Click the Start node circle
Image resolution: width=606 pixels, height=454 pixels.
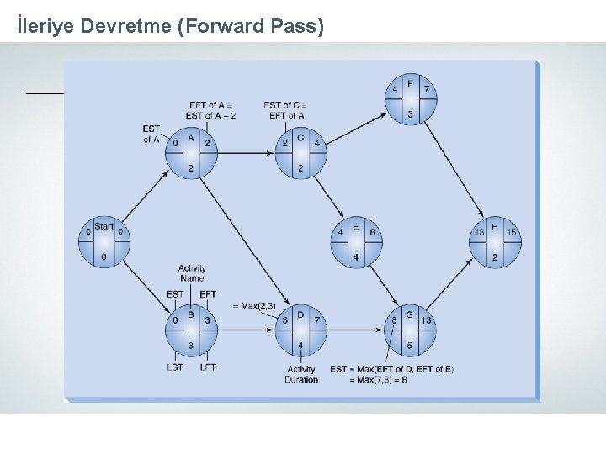104,242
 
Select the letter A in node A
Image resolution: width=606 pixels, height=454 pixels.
191,137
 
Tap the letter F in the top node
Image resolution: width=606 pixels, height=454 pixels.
410,84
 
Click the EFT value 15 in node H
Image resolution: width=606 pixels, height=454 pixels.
512,232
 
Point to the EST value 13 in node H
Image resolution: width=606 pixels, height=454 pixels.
479,232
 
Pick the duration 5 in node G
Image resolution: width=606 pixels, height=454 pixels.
410,345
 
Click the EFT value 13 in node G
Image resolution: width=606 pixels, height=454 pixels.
427,320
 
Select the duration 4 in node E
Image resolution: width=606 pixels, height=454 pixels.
355,256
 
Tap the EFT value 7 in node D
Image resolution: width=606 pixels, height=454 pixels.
317,320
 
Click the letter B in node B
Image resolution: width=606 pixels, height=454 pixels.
191,315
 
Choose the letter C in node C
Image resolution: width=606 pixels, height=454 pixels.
300,137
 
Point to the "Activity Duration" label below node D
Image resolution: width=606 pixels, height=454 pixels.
301,374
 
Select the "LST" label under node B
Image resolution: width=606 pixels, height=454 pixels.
175,367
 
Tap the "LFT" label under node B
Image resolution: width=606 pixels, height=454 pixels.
207,367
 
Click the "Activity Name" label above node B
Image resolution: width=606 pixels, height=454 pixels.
192,273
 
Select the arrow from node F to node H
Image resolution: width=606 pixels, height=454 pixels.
454,172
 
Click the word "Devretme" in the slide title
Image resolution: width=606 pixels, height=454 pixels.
127,27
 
